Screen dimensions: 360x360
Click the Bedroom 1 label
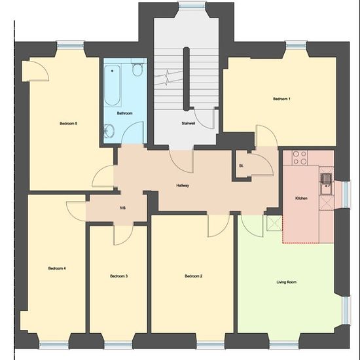281,99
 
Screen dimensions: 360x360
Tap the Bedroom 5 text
69,124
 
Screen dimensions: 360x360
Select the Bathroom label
124,113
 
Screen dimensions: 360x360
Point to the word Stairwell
189,123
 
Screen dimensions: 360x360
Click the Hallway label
183,185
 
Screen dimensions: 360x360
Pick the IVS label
122,208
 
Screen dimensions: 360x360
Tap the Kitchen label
301,198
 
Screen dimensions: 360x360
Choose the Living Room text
287,282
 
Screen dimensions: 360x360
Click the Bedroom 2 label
194,276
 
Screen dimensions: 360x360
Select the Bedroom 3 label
119,276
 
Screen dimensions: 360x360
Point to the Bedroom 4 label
57,268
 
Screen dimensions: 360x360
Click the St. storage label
241,166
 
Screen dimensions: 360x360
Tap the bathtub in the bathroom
113,85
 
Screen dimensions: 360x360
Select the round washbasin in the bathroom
109,131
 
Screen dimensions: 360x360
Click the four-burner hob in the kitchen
300,158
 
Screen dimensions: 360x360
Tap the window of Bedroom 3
118,345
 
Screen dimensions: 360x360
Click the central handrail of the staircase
186,79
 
